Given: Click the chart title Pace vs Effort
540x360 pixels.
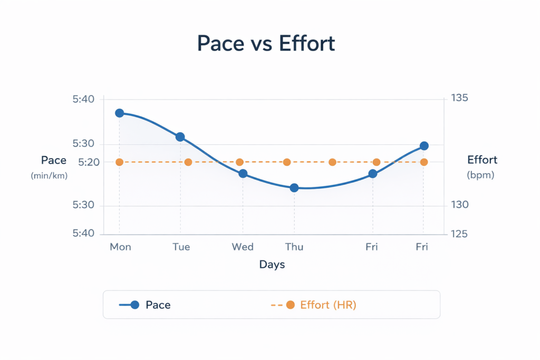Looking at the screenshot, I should [266, 43].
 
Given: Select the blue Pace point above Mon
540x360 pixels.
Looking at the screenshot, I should [119, 113].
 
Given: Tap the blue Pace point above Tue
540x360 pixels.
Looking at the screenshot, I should [180, 137].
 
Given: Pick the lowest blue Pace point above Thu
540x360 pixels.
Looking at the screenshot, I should [294, 188].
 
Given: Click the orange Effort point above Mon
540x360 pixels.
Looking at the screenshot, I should [119, 162].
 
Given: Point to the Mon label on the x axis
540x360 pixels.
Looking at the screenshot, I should [120, 247].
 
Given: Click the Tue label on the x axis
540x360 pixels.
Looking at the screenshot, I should [181, 247].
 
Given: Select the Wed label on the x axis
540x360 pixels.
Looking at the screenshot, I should [243, 247].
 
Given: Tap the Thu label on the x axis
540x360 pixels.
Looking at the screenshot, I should [294, 247].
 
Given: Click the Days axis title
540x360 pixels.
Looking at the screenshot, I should [272, 265].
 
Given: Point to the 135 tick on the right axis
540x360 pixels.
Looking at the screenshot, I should [459, 99].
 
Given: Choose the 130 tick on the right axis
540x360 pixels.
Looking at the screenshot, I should [459, 205].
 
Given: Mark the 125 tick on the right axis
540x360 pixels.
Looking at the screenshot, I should [459, 234].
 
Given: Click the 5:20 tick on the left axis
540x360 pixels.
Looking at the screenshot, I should [89, 163].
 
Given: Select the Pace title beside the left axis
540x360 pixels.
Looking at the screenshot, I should [54, 160].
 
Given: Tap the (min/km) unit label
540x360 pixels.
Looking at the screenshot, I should [49, 176].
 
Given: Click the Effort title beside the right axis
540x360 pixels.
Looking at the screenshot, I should [482, 160].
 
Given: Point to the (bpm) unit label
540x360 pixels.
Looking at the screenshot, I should [480, 176].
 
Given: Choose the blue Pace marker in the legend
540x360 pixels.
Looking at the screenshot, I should [134, 305].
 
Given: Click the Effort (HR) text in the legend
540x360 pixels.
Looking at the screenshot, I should [328, 305].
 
